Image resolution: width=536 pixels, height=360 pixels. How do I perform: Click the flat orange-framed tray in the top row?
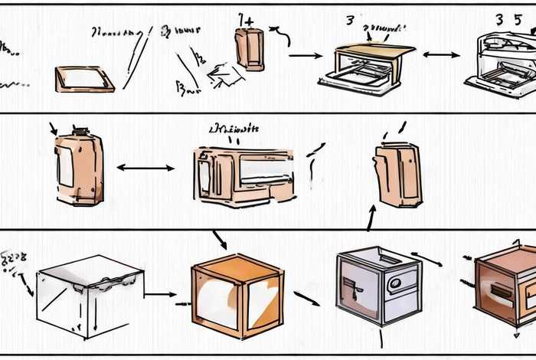(84, 79)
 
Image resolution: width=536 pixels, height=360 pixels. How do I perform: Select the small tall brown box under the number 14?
(250, 47)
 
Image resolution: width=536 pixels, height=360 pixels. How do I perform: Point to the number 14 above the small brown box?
(247, 19)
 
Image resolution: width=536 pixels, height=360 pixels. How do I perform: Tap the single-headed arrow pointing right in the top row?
(306, 55)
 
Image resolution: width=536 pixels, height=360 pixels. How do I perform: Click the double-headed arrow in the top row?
(441, 55)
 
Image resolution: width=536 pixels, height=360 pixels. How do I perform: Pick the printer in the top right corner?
(502, 61)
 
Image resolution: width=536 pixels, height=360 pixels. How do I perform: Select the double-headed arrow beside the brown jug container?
(145, 167)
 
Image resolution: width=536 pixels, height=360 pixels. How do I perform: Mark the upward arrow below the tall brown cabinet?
(371, 218)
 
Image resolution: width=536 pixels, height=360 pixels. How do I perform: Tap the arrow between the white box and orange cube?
(161, 293)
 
